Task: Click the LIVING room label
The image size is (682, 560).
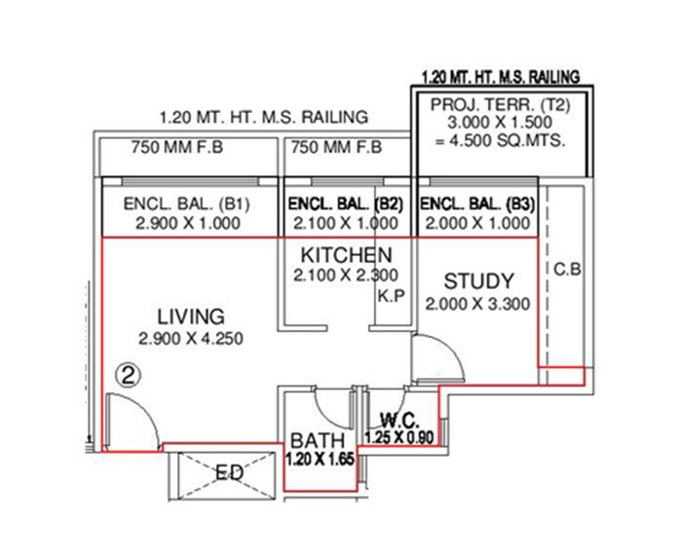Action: pyautogui.click(x=191, y=317)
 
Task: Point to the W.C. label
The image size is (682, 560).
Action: pyautogui.click(x=399, y=421)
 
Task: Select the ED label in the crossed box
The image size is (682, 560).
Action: pyautogui.click(x=230, y=473)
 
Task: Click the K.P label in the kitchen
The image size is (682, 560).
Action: pyautogui.click(x=393, y=293)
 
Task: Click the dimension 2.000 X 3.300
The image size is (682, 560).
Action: pyautogui.click(x=477, y=304)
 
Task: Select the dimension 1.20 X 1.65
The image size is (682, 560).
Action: pyautogui.click(x=319, y=456)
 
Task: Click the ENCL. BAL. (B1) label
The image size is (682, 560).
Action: pyautogui.click(x=187, y=205)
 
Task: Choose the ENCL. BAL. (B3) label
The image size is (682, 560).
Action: pyautogui.click(x=476, y=205)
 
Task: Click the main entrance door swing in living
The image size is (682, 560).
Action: pyautogui.click(x=129, y=419)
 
